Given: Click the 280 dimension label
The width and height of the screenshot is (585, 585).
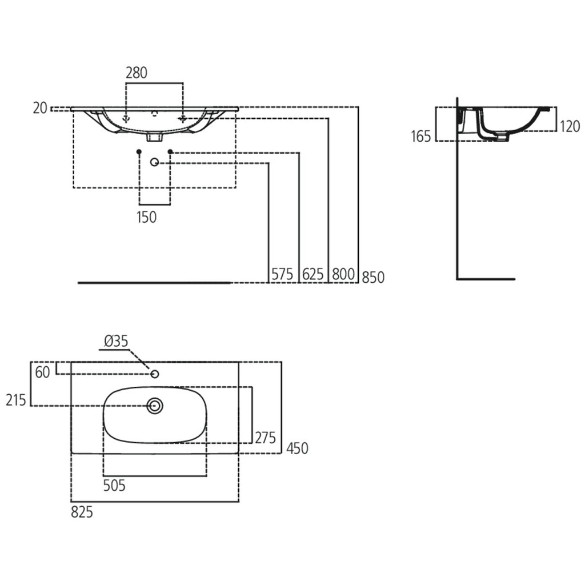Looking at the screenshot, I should point(137,73).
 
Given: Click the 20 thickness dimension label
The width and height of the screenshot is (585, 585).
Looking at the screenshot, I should point(39,107).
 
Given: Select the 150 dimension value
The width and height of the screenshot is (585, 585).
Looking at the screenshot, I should point(146,217).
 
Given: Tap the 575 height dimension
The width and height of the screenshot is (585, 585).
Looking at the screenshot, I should point(282,275).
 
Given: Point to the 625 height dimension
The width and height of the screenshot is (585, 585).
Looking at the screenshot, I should point(312,275).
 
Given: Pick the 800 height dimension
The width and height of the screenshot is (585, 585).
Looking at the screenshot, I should point(343,275).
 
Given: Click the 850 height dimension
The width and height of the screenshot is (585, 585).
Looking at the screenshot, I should point(373,277).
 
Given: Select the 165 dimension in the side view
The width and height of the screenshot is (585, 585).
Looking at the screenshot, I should point(420,137).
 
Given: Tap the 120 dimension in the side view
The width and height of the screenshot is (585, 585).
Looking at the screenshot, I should point(570,126).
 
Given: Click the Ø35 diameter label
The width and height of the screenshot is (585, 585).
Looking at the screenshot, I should point(117,342).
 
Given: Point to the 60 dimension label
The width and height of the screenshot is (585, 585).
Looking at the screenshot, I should point(43,372).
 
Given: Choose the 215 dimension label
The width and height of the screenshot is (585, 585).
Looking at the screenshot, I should point(16,400).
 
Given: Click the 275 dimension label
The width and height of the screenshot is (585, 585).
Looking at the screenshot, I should point(265,438).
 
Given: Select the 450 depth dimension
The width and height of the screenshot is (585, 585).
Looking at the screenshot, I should point(296,448).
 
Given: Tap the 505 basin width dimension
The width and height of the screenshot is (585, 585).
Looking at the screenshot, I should point(114,486).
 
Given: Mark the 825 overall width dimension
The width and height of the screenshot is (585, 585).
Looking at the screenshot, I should point(82,512).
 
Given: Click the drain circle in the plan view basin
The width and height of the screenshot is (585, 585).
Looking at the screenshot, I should point(155,406).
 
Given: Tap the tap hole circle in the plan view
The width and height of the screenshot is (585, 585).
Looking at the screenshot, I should point(154,374).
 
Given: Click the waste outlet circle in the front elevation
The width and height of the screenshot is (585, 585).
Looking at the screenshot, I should point(154,163).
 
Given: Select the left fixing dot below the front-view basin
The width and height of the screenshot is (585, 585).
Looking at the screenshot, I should point(139,151).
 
